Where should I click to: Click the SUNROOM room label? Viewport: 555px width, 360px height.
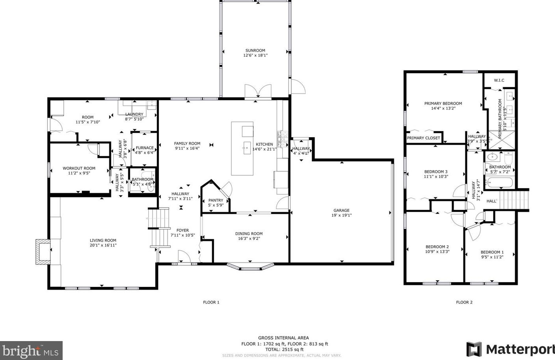tap(255, 51)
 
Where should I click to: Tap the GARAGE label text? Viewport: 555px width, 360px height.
tap(341, 210)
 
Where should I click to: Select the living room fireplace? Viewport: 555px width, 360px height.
tap(43, 252)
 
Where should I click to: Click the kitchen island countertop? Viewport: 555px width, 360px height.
tap(242, 148)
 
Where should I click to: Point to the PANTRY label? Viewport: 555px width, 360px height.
tap(216, 200)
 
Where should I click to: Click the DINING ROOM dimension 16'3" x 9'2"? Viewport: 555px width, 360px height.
tap(249, 239)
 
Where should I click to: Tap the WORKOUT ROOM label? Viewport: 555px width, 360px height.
tap(79, 168)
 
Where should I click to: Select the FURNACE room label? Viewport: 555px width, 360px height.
tap(145, 148)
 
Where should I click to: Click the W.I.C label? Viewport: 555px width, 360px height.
tap(499, 81)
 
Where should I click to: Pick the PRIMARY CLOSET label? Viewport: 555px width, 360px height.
tap(424, 138)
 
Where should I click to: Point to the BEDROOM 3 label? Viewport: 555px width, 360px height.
tap(436, 172)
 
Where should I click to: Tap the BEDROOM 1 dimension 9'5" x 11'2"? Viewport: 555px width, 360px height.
tap(492, 257)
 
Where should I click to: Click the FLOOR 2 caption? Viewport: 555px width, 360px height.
tap(464, 302)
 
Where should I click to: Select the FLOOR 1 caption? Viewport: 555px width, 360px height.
tap(211, 302)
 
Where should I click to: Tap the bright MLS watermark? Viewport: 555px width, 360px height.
tap(31, 351)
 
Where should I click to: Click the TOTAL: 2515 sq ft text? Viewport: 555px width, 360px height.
tap(284, 350)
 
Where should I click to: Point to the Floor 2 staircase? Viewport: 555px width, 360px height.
tap(514, 200)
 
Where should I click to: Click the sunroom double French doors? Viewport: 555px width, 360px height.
tap(258, 91)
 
